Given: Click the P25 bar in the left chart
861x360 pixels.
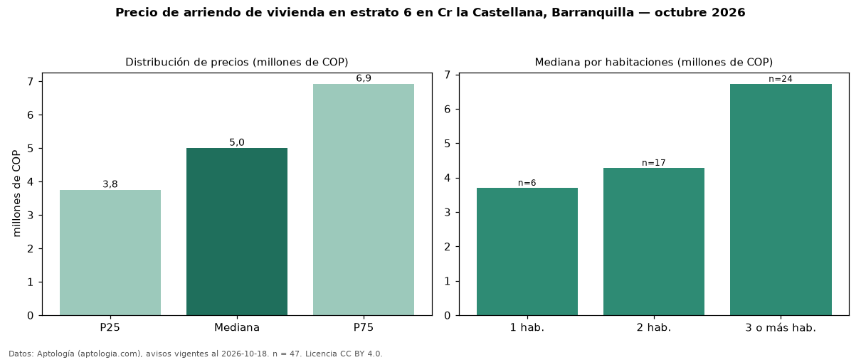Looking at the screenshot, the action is pyautogui.click(x=110, y=253).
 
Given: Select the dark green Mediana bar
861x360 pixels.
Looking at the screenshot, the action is pyautogui.click(x=237, y=232).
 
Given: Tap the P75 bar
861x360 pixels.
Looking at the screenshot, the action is pyautogui.click(x=364, y=199).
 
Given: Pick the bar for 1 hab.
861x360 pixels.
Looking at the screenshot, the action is pyautogui.click(x=527, y=252).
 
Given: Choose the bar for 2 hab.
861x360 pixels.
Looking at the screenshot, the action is pyautogui.click(x=654, y=242).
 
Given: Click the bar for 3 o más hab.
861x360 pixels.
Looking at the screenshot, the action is pyautogui.click(x=781, y=199).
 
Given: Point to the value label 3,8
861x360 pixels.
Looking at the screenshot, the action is pyautogui.click(x=110, y=184).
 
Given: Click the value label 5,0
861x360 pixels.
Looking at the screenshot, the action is pyautogui.click(x=237, y=142).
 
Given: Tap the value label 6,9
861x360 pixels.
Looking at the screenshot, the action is pyautogui.click(x=364, y=78).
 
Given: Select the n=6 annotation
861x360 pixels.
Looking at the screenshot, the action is pyautogui.click(x=527, y=183).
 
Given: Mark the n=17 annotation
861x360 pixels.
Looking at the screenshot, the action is pyautogui.click(x=654, y=163).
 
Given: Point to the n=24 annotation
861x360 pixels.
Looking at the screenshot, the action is pyautogui.click(x=781, y=79).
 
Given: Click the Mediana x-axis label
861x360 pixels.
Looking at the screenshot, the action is pyautogui.click(x=237, y=327).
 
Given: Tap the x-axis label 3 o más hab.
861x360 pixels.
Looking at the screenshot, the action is pyautogui.click(x=781, y=328).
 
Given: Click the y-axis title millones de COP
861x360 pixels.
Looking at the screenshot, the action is pyautogui.click(x=16, y=194).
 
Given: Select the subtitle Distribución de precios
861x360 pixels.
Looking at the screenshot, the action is pyautogui.click(x=188, y=62).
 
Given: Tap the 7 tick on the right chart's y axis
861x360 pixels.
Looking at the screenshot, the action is pyautogui.click(x=447, y=75).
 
